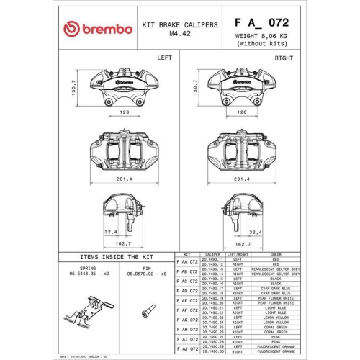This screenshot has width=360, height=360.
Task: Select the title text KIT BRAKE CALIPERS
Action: pos(180,24)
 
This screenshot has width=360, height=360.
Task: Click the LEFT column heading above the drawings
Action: pos(165,57)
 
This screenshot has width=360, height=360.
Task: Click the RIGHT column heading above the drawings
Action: pos(284,57)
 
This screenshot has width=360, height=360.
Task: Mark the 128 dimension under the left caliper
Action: pos(124,112)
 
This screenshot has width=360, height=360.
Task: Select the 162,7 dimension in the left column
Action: pos(125,245)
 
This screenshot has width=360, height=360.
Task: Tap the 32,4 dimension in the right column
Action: pos(254,232)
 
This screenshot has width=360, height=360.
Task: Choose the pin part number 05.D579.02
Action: pos(147,274)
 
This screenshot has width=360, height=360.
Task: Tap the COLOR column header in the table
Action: pos(276,254)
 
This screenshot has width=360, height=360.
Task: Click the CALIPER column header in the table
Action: pos(212,254)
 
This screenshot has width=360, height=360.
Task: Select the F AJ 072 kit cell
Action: pos(187,348)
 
